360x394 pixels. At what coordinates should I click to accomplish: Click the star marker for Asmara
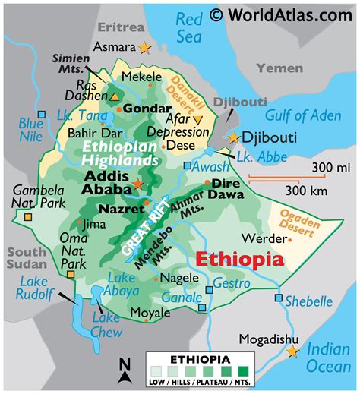click(x=144, y=48)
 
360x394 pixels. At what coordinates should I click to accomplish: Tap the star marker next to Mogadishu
click(x=292, y=351)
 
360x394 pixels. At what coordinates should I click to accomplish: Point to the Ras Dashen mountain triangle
click(x=115, y=97)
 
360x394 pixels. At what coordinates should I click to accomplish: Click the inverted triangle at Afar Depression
click(x=197, y=119)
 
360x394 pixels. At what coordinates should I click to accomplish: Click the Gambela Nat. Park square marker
click(x=27, y=217)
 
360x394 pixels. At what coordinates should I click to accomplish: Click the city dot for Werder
click(x=289, y=238)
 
